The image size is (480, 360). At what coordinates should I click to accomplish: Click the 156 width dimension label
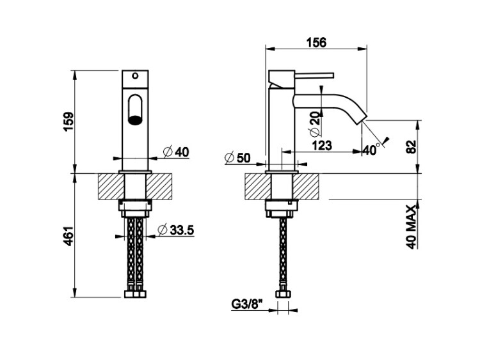coord(316,42)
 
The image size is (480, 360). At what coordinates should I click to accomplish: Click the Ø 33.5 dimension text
coord(176,230)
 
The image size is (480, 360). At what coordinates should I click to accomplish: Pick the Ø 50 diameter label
coord(240,157)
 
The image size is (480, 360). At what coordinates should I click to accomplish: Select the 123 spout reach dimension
coord(321,145)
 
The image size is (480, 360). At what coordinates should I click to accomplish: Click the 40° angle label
coord(371,148)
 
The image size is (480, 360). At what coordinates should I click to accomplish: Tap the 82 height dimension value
coord(411,146)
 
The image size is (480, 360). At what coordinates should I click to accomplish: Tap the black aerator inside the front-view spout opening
coord(134,118)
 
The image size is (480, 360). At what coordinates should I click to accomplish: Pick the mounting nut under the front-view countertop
coord(134,208)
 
